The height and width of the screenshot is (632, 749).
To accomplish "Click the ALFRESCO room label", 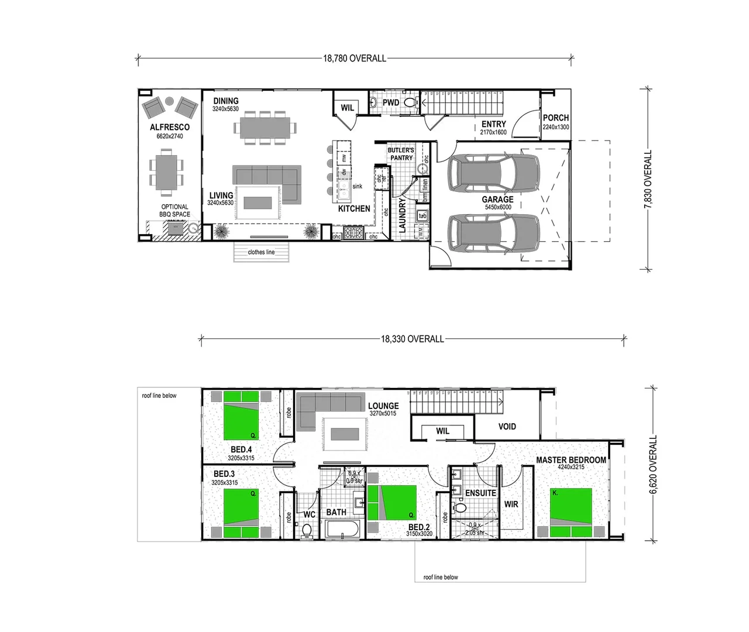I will click(x=170, y=127).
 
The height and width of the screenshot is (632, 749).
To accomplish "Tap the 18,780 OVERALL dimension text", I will click(x=355, y=59).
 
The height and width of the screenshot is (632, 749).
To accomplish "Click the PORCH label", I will click(x=555, y=118).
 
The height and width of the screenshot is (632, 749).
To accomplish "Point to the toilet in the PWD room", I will click(x=410, y=103).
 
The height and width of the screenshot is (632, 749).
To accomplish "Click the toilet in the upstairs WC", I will click(x=307, y=530).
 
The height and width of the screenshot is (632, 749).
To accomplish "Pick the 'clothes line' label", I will click(x=261, y=252).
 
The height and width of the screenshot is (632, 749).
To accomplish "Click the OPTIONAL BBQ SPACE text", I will click(x=174, y=211).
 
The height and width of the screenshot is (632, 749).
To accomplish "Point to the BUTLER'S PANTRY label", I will click(x=401, y=154).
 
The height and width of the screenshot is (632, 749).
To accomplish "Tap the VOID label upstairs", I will click(x=507, y=427).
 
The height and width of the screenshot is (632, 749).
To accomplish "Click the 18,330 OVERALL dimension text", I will click(x=413, y=339).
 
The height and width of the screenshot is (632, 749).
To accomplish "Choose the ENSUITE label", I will click(x=480, y=493).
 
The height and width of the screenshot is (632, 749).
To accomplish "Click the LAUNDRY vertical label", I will click(x=403, y=215).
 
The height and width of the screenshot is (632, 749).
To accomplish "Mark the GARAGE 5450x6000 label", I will click(x=497, y=202).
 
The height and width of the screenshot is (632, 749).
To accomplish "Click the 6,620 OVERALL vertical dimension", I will click(x=654, y=465).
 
